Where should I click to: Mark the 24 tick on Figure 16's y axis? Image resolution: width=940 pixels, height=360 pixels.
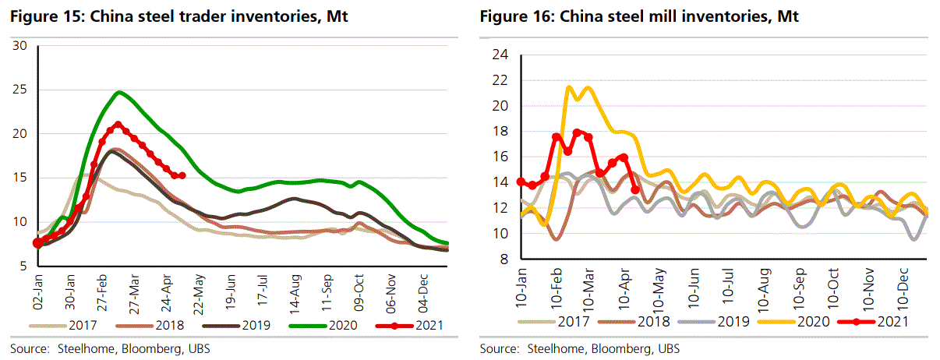point(500,55)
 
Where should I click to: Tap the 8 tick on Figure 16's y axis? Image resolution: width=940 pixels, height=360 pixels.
point(504,259)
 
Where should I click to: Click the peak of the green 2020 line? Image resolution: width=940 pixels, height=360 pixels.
point(118,92)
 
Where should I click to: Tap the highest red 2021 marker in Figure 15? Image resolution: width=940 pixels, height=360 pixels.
point(118,124)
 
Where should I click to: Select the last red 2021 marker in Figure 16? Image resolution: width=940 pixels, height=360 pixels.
point(634,189)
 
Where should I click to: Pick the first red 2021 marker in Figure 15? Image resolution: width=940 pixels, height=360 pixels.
point(36,243)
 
